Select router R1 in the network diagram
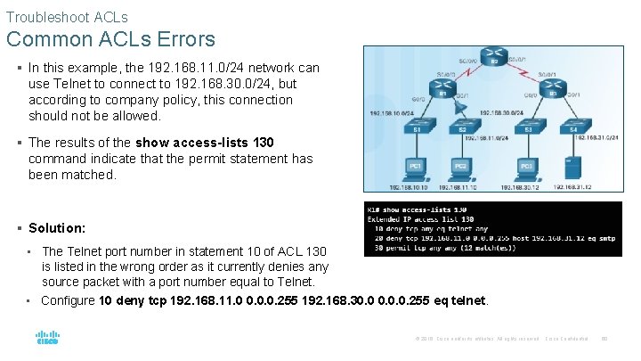441,93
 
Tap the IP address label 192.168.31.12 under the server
572,188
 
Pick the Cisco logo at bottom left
47,339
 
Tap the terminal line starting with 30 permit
445,247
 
